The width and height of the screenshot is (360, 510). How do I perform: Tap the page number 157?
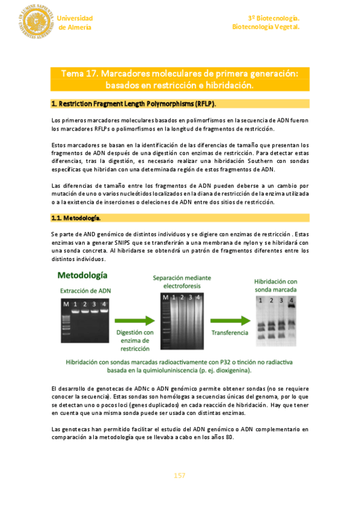pos(179,475)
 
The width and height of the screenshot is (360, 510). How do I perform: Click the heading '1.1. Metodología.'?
pos(76,217)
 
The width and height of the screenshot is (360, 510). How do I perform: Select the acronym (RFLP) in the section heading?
pos(203,103)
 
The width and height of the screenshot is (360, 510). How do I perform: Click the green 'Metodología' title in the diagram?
pos(82,275)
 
